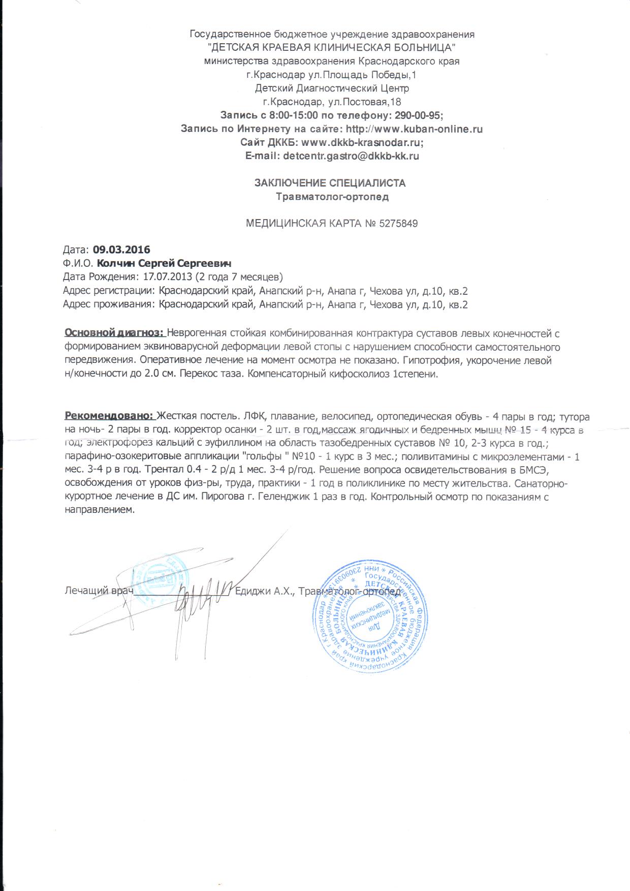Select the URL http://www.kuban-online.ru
click(414, 129)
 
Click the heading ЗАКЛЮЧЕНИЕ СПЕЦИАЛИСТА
click(330, 183)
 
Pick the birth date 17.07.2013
click(167, 278)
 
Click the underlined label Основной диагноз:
click(114, 334)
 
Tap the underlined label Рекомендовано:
click(109, 417)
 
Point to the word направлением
click(99, 510)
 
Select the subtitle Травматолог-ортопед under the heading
click(332, 197)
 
